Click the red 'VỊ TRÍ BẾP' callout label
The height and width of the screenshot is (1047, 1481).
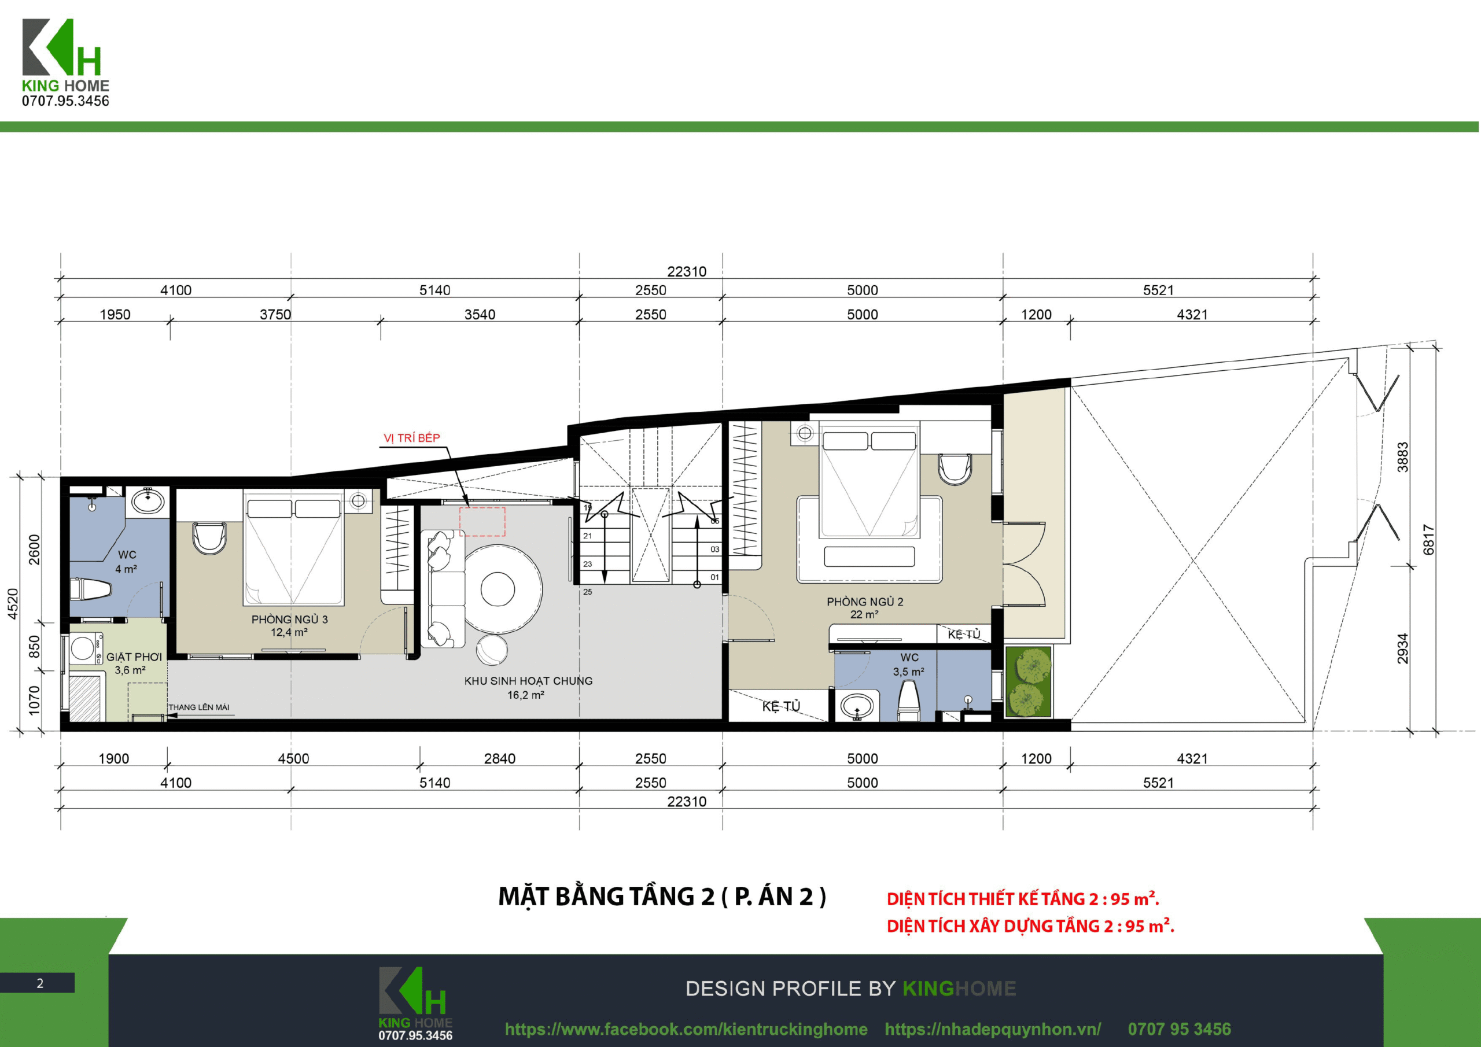click(411, 438)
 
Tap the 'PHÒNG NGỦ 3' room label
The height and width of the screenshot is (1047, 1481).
click(290, 620)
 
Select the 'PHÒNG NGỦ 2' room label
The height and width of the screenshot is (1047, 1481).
click(865, 602)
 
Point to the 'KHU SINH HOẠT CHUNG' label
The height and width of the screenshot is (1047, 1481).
click(528, 681)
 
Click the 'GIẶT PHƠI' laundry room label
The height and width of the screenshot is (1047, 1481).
click(134, 657)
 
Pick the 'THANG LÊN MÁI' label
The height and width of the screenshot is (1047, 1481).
click(198, 707)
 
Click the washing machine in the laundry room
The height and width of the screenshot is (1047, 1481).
click(84, 648)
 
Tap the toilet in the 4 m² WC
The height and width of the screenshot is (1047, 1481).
click(90, 589)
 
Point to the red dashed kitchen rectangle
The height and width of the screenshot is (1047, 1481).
click(482, 522)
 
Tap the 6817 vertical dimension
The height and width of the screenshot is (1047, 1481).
click(1429, 540)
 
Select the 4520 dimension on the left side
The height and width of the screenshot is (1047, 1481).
click(13, 604)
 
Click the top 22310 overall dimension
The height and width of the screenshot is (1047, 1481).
click(687, 272)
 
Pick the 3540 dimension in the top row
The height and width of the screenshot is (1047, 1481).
click(480, 315)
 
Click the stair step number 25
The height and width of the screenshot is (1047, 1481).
click(588, 592)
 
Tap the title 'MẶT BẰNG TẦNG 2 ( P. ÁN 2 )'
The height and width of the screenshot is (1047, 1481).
click(662, 897)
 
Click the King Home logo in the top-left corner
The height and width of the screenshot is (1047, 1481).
click(65, 62)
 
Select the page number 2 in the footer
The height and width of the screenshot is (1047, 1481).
click(40, 983)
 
